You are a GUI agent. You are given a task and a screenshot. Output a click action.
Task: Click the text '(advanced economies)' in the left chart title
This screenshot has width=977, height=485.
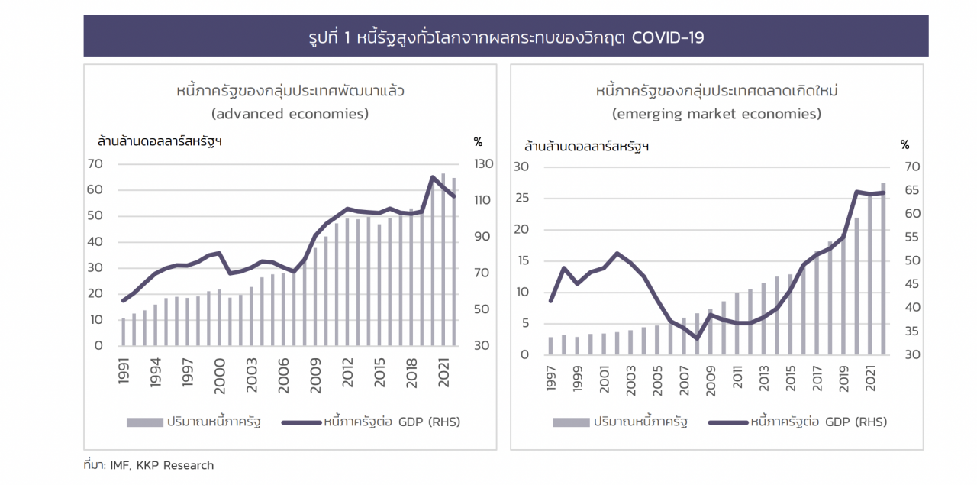(x=290, y=114)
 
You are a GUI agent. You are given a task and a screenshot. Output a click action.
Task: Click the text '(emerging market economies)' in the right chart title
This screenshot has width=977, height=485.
(x=716, y=114)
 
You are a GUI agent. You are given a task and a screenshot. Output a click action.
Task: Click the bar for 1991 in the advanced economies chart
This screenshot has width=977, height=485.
(x=123, y=331)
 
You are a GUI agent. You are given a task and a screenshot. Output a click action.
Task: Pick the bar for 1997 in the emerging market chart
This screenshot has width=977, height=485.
(x=550, y=345)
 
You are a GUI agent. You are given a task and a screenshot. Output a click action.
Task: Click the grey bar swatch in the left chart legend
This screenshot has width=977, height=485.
(x=144, y=422)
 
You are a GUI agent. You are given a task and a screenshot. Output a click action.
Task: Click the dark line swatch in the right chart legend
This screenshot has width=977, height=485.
(x=727, y=422)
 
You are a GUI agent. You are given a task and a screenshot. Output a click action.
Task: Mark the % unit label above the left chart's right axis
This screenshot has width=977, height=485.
(x=478, y=141)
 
